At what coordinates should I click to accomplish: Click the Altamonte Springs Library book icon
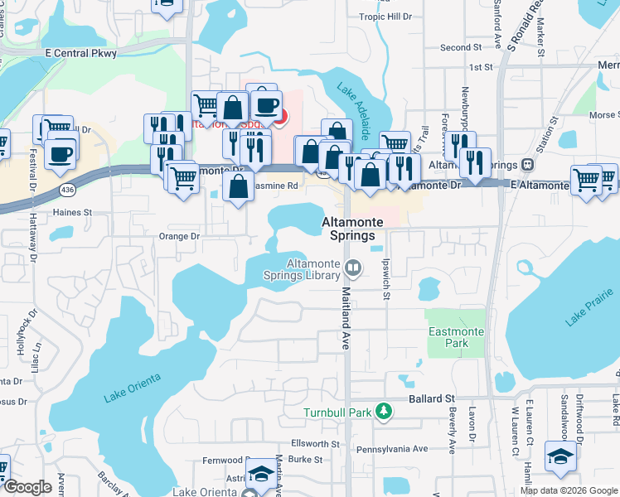point(353,267)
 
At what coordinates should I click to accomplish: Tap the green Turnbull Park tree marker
point(382,411)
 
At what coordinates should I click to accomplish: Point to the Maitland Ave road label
point(346,315)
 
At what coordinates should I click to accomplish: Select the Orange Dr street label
point(179,236)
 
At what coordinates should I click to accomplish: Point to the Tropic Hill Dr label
point(384,17)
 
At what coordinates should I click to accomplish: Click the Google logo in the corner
point(27,487)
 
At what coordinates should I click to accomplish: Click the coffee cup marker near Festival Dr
point(61,154)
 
